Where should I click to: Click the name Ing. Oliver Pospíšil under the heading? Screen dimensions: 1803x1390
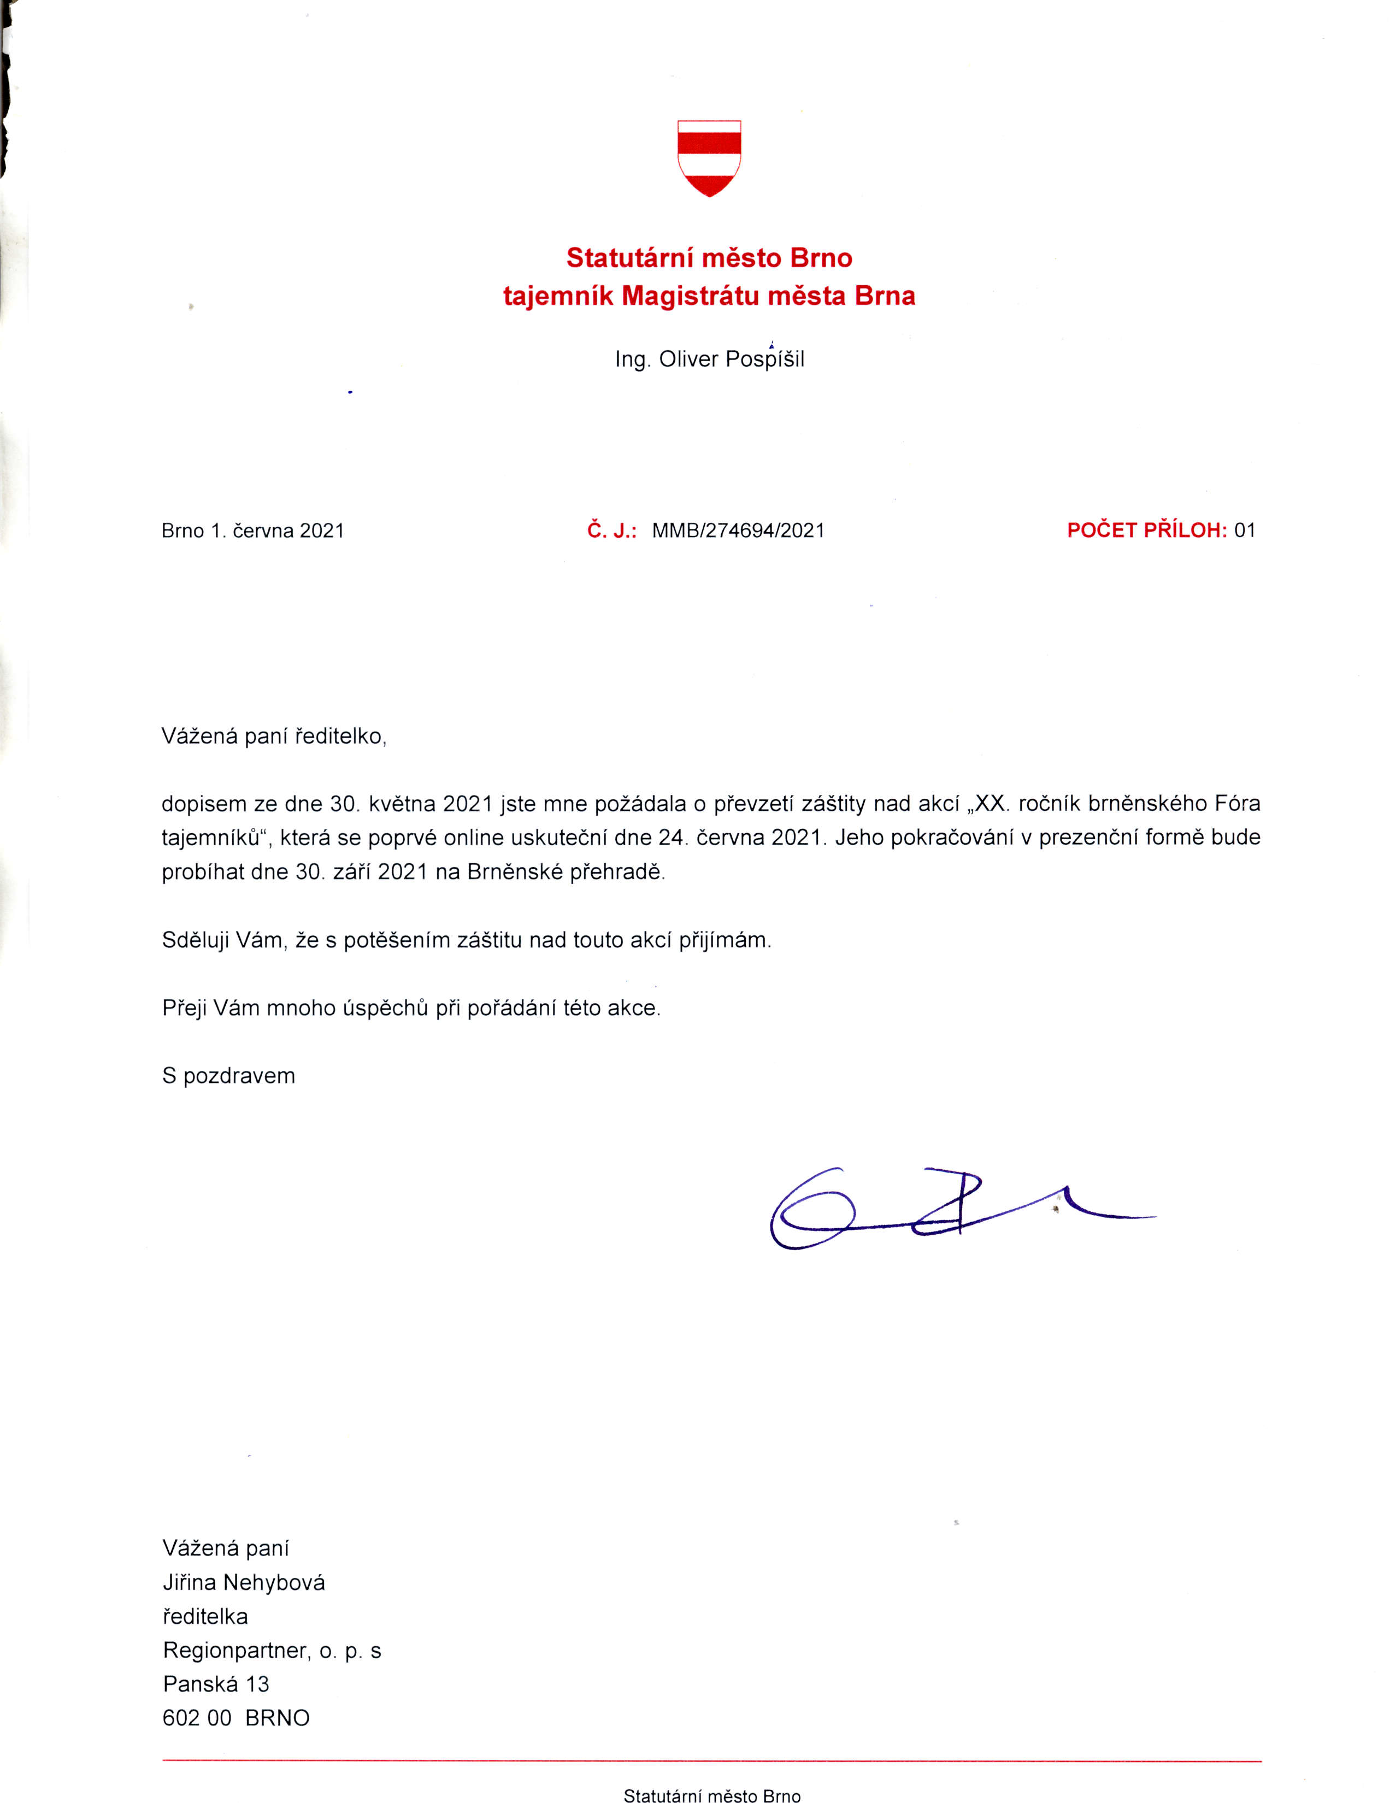[x=709, y=360]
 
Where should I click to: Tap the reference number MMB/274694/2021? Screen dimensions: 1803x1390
[x=738, y=531]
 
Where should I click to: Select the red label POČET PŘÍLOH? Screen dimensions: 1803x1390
[x=1146, y=531]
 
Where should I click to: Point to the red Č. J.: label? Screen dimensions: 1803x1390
[x=611, y=531]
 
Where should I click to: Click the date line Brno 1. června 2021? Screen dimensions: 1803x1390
[x=252, y=531]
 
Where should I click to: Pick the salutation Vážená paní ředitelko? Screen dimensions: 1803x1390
[x=274, y=736]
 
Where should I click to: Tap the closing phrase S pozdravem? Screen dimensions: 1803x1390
[x=228, y=1076]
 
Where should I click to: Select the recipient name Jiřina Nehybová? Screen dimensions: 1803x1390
[x=244, y=1583]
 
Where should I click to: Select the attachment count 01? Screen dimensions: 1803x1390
[x=1245, y=531]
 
